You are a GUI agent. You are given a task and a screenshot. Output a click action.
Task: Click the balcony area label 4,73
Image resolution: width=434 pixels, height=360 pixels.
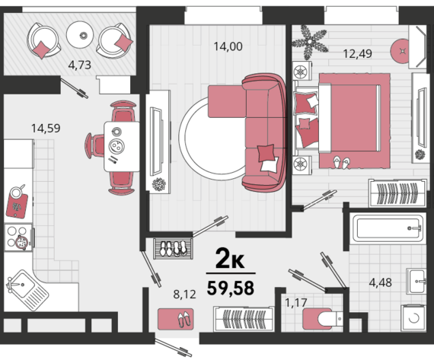tap(80, 65)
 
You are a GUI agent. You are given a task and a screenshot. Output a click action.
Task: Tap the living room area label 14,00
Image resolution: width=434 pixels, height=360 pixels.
tap(228, 46)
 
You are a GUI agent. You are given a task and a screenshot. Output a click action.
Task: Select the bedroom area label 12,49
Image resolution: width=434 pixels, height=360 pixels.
tap(357, 54)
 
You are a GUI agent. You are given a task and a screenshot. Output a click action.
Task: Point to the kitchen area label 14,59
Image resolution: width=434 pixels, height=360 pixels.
tap(46, 129)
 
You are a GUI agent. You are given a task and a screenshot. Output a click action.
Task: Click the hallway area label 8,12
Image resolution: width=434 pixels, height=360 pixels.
tap(184, 294)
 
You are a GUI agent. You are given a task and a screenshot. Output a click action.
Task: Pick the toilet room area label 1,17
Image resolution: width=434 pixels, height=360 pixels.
tap(296, 302)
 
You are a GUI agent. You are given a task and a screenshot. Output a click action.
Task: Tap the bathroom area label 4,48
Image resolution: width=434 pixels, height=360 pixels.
tap(380, 282)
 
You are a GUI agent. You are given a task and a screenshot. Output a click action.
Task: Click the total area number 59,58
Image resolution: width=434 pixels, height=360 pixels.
tap(231, 288)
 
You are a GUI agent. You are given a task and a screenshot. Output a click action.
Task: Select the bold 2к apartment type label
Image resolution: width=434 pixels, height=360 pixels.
tap(230, 259)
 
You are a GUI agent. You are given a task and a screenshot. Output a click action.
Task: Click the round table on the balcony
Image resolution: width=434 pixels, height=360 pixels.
tap(80, 35)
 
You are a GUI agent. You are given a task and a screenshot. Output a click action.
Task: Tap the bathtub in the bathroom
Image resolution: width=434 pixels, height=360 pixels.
tap(388, 228)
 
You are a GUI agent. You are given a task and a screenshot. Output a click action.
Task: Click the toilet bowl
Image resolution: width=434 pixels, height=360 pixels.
tap(323, 319)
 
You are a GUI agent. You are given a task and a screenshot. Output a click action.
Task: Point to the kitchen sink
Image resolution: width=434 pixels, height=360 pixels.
tap(27, 289)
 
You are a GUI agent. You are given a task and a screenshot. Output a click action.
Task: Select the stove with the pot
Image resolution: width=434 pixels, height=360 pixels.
tap(18, 237)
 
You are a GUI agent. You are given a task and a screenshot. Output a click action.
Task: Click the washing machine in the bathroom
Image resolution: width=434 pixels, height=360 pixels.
tap(413, 317)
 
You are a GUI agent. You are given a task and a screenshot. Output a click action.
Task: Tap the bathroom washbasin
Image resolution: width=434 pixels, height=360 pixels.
tap(416, 281)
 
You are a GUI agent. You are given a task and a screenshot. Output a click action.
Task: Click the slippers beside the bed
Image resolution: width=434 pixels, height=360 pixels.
tap(341, 162)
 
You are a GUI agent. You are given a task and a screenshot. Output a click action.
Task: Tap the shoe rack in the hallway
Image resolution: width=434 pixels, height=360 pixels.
tap(173, 248)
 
